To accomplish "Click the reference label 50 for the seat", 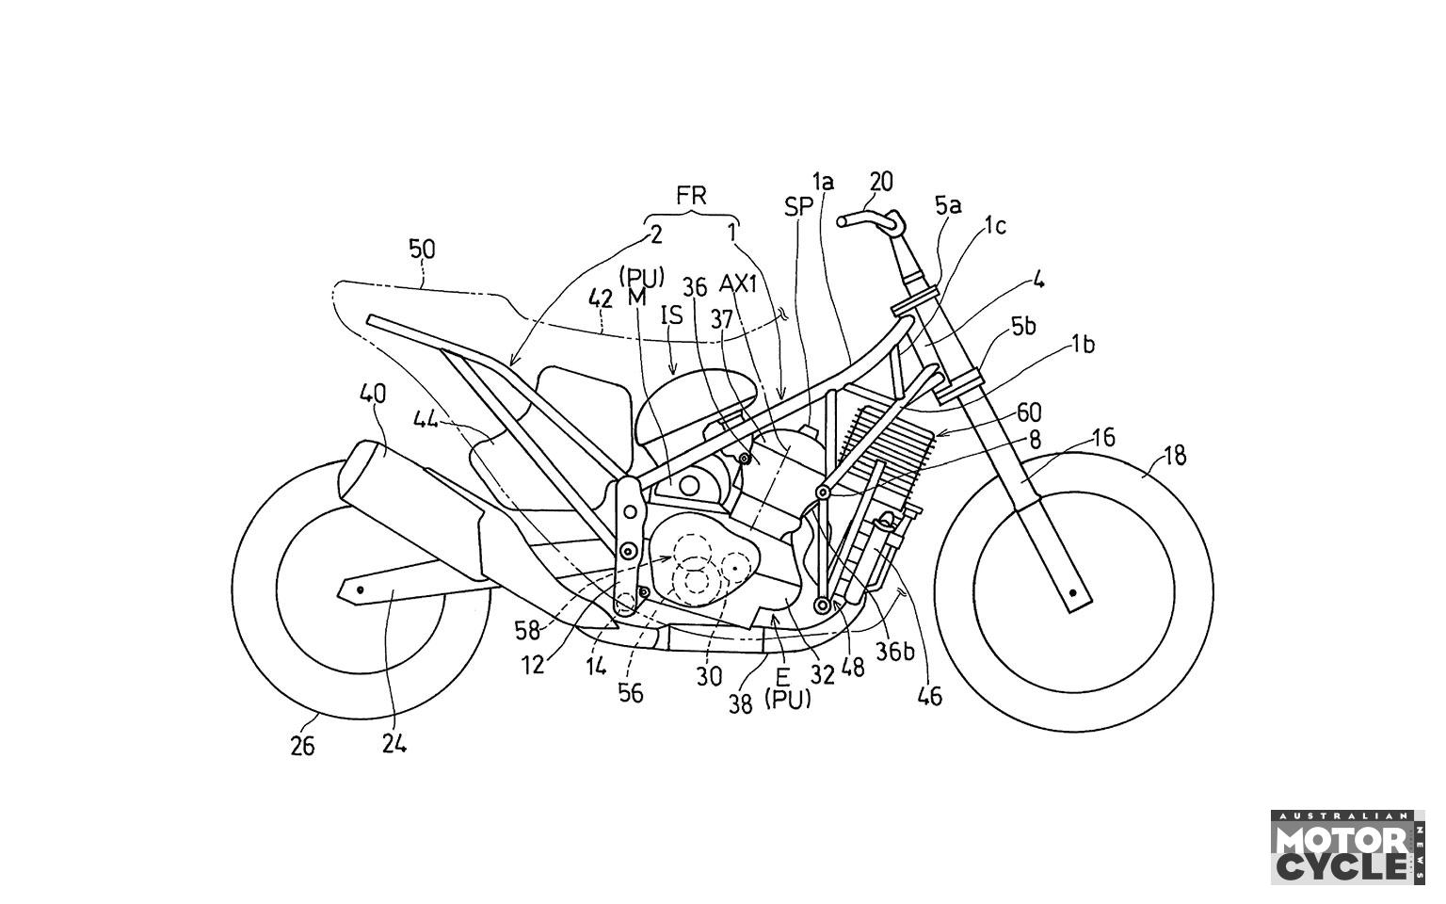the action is point(423,250).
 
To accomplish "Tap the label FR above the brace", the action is point(691,196).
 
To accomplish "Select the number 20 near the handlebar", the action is point(881,182).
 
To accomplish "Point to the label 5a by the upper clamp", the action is point(948,206).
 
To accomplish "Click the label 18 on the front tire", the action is point(1175,457).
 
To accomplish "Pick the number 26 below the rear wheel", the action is point(301,747).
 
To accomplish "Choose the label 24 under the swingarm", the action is point(394,745).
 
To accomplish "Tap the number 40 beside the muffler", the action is point(375,394).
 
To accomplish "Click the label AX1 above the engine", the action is point(738,284).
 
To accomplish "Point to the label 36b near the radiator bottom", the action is point(895,653).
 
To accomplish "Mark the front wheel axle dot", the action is point(1073,591).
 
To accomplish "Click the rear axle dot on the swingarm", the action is point(361,589).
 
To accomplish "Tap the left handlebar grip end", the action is point(842,221).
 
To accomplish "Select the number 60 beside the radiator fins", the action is point(1028,412).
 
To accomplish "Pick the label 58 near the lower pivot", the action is point(527,630).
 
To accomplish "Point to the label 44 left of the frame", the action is point(426,421).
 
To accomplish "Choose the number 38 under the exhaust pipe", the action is point(740,703).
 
